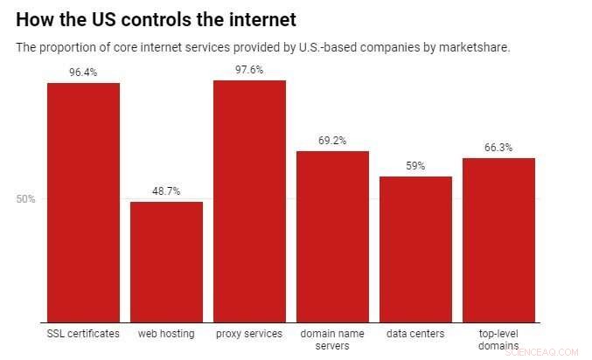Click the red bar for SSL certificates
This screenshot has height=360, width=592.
pyautogui.click(x=83, y=202)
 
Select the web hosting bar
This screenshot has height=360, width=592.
pyautogui.click(x=166, y=261)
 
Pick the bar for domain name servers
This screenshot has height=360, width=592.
pyautogui.click(x=332, y=236)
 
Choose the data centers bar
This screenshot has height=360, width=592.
pyautogui.click(x=415, y=249)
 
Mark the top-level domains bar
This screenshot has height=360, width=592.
pyautogui.click(x=498, y=239)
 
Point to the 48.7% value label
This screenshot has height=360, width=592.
pyautogui.click(x=166, y=191)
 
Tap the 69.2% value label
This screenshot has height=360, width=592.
pyautogui.click(x=332, y=141)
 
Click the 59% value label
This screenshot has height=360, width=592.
pyautogui.click(x=415, y=166)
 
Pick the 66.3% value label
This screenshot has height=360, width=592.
pyautogui.click(x=498, y=148)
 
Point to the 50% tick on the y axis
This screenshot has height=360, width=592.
pyautogui.click(x=25, y=199)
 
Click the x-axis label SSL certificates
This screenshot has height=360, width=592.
pyautogui.click(x=83, y=334)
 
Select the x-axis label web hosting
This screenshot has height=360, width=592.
pyautogui.click(x=166, y=334)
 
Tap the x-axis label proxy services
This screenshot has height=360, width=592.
pyautogui.click(x=249, y=334)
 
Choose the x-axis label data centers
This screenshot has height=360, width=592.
pyautogui.click(x=415, y=334)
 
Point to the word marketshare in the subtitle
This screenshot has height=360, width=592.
pyautogui.click(x=477, y=47)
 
